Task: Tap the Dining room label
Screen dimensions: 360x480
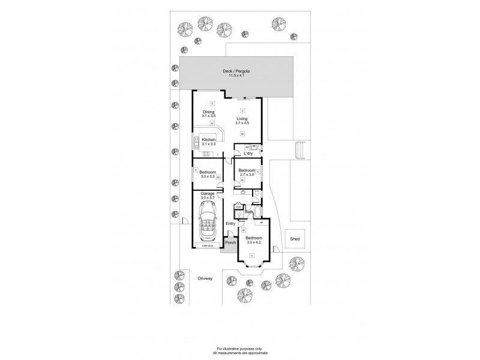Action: click(x=208, y=112)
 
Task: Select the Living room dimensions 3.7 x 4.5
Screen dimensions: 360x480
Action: click(x=242, y=124)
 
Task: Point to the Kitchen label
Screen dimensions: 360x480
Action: click(x=208, y=140)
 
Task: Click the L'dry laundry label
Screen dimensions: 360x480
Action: click(x=248, y=154)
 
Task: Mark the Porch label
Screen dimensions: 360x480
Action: click(x=230, y=243)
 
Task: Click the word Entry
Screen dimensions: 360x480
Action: click(x=230, y=224)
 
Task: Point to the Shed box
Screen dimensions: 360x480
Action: click(x=295, y=239)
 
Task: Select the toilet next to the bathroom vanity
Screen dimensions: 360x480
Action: click(x=256, y=194)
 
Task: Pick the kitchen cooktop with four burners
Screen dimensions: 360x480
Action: click(x=196, y=142)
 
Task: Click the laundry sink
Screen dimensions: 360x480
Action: click(x=254, y=146)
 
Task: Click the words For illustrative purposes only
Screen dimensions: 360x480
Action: click(x=240, y=349)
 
